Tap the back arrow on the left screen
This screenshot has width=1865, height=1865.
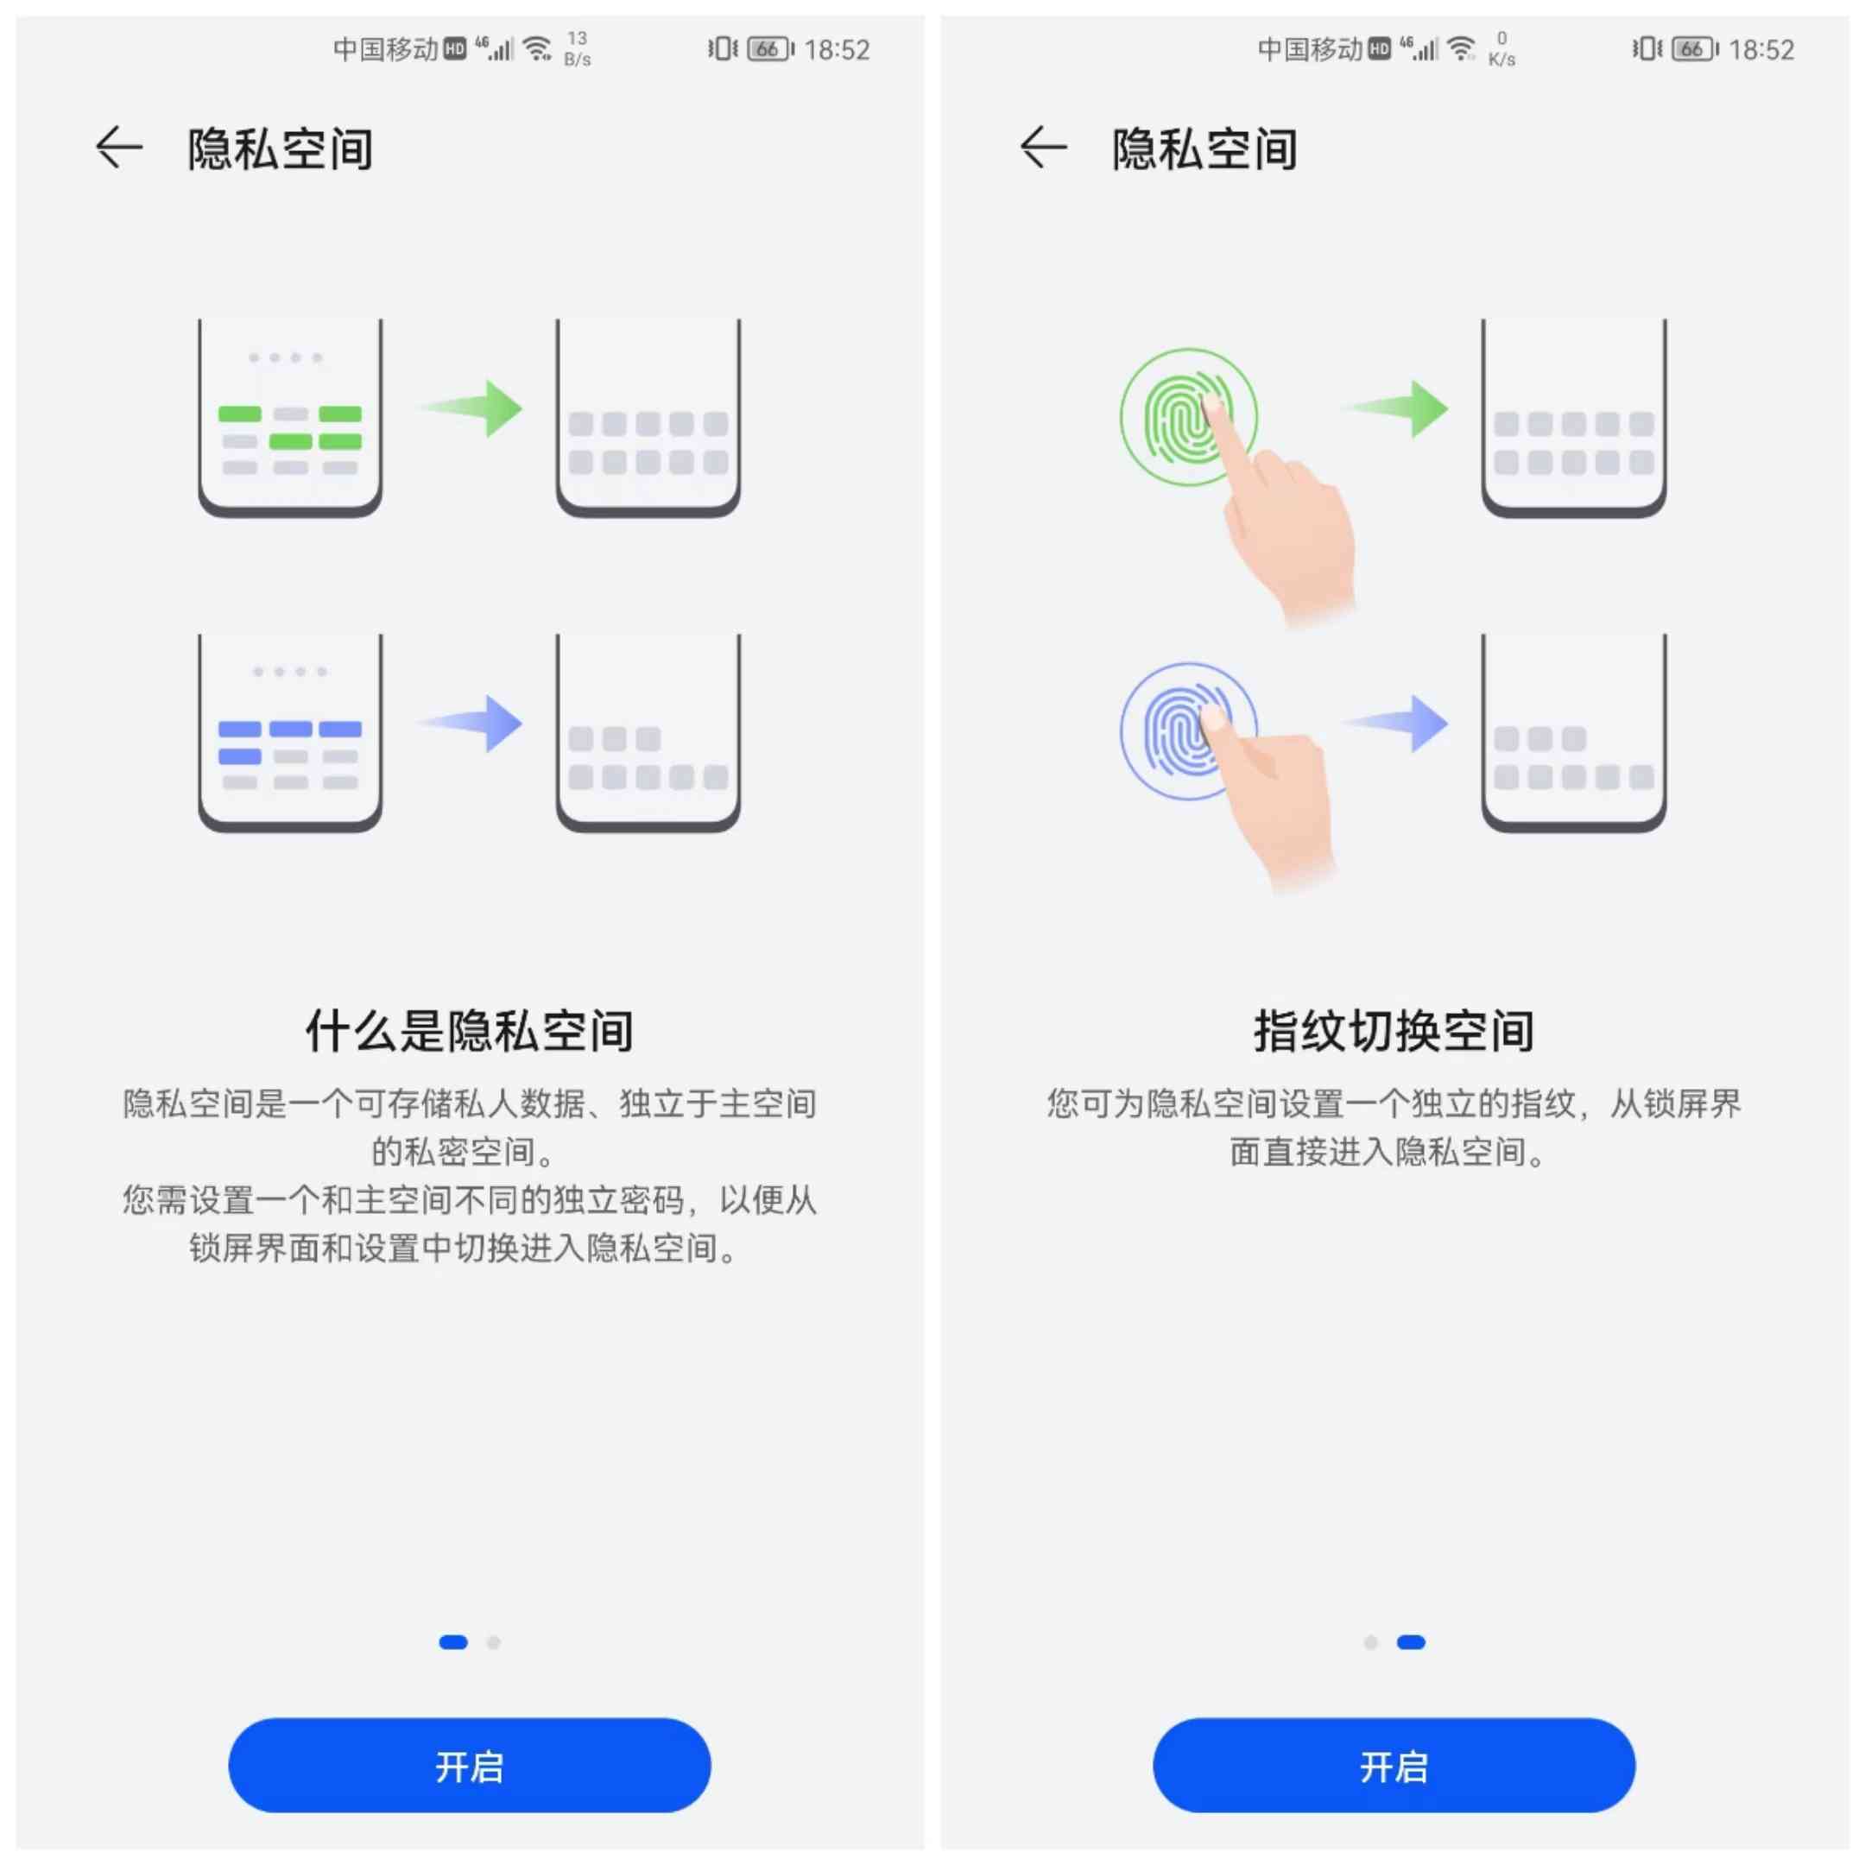(x=119, y=148)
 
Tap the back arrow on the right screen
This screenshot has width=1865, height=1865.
(x=1044, y=148)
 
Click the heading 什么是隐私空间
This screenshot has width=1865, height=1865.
(x=469, y=1031)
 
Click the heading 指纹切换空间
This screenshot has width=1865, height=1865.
(x=1393, y=1031)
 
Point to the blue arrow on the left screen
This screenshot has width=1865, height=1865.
(x=472, y=723)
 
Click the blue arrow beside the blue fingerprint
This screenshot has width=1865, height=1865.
(x=1398, y=723)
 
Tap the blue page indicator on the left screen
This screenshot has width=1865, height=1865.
(x=452, y=1642)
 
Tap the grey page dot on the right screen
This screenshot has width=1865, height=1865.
(x=1369, y=1642)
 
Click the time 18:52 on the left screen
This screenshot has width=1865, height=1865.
(x=837, y=49)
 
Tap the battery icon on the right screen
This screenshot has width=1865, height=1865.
(x=1694, y=48)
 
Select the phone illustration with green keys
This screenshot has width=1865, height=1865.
(x=289, y=417)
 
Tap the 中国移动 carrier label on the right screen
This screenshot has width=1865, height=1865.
(x=1309, y=48)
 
